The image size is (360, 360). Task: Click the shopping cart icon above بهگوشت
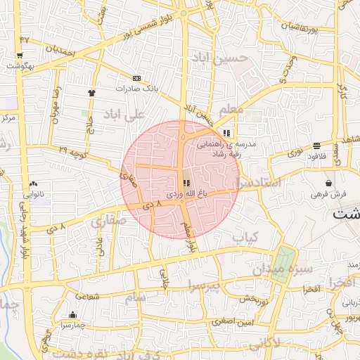19,56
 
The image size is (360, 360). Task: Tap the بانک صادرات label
136,88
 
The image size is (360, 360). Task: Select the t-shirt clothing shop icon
91,92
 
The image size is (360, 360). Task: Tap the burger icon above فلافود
316,146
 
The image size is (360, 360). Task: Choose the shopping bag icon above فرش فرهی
328,183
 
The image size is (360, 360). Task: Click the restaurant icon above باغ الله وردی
186,182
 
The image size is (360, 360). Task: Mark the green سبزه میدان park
282,265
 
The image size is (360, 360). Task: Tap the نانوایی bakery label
33,193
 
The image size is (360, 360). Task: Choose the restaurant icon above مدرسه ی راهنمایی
226,132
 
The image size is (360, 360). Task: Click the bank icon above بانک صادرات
136,78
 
